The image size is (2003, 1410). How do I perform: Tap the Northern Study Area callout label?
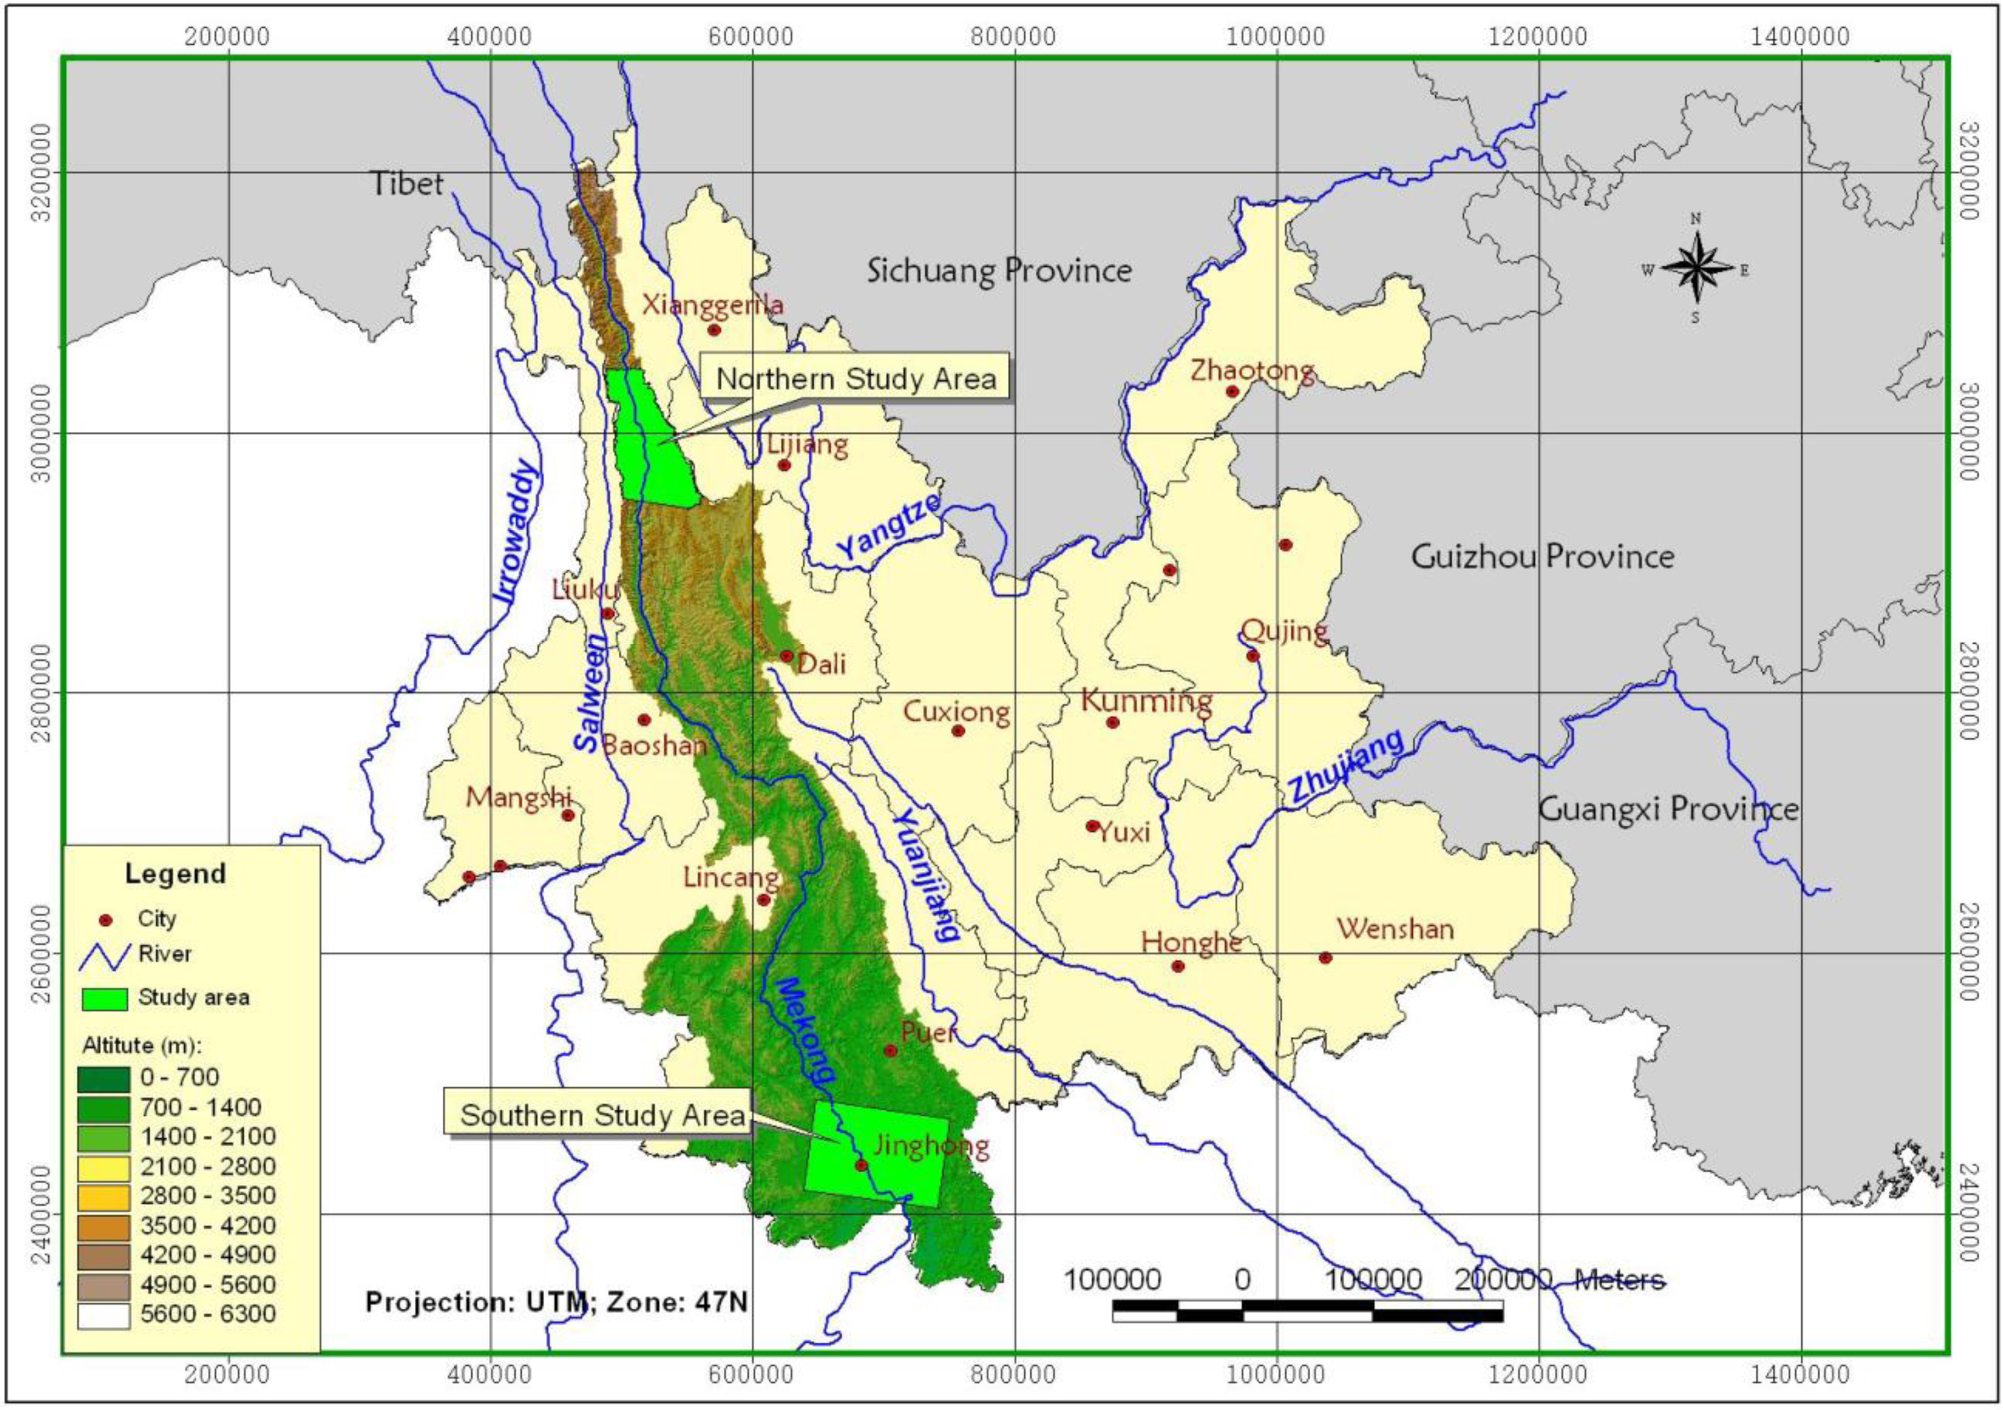pyautogui.click(x=855, y=379)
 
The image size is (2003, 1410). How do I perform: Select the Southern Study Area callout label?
pyautogui.click(x=602, y=1115)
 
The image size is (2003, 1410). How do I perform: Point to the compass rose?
pyautogui.click(x=1695, y=268)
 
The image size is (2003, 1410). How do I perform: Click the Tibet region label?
pyautogui.click(x=407, y=184)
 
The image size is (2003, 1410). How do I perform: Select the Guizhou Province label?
pyautogui.click(x=1542, y=556)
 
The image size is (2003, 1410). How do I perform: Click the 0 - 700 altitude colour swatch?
pyautogui.click(x=104, y=1079)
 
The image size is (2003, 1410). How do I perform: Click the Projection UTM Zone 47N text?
pyautogui.click(x=556, y=1302)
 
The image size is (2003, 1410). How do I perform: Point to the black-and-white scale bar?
pyautogui.click(x=1307, y=1311)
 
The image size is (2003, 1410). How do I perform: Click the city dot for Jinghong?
pyautogui.click(x=861, y=1165)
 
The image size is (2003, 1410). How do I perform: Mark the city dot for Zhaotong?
pyautogui.click(x=1233, y=392)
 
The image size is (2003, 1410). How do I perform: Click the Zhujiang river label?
pyautogui.click(x=1346, y=765)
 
